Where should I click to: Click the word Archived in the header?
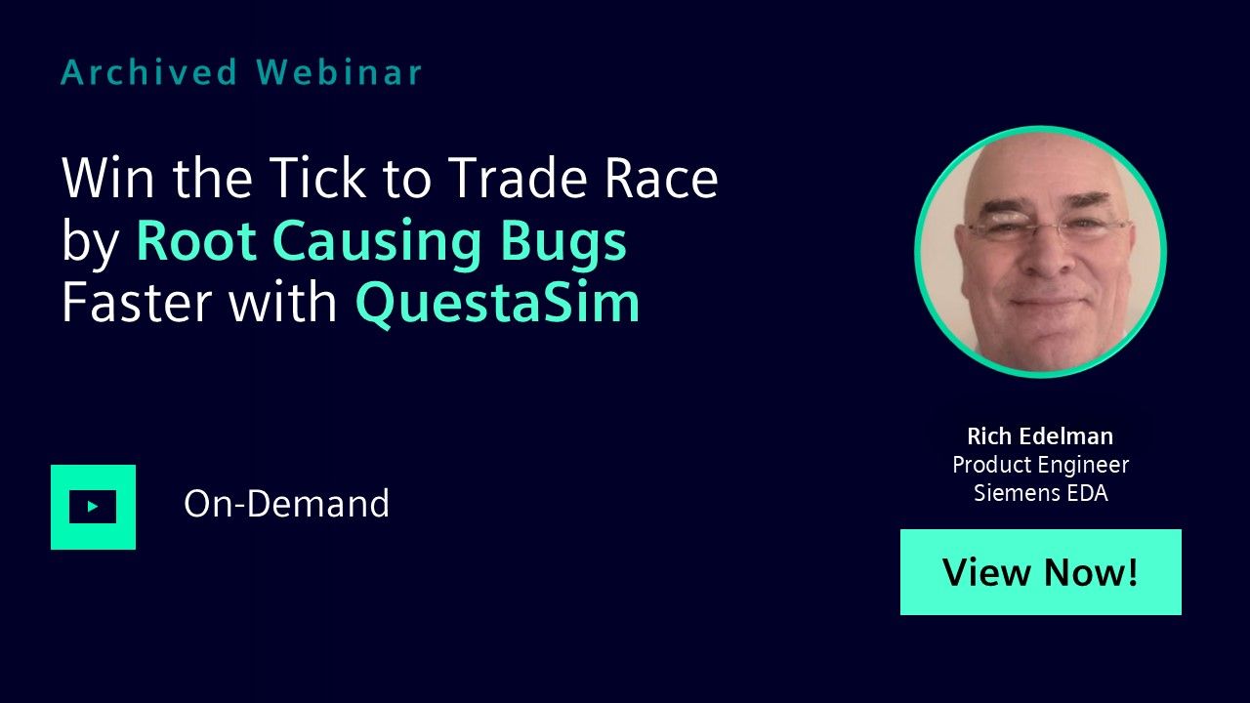tap(149, 72)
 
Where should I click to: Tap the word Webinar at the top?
tap(339, 72)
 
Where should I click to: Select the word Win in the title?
tap(107, 178)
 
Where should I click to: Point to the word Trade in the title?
tap(517, 178)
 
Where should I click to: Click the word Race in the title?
tap(661, 178)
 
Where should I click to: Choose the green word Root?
tap(196, 240)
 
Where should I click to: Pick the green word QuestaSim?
tap(497, 305)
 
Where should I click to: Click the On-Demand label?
tap(286, 504)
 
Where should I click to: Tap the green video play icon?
tap(93, 507)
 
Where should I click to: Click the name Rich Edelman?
tap(1040, 436)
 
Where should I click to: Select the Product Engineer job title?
tap(1040, 466)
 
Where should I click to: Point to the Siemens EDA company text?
tap(1040, 493)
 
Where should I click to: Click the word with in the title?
tap(283, 302)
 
